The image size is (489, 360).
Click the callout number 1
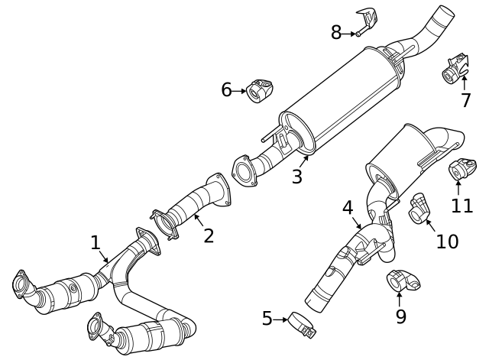96,243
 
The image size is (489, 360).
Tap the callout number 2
208,236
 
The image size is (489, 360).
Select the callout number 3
296,177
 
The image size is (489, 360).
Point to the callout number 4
348,208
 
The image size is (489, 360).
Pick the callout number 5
267,319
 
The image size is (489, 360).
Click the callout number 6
226,90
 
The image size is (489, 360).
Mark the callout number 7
465,101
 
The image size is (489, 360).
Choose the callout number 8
336,33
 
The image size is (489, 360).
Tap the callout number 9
400,317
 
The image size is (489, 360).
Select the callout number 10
447,242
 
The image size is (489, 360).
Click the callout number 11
461,206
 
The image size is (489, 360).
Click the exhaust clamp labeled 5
301,326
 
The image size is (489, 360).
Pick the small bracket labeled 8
368,20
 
